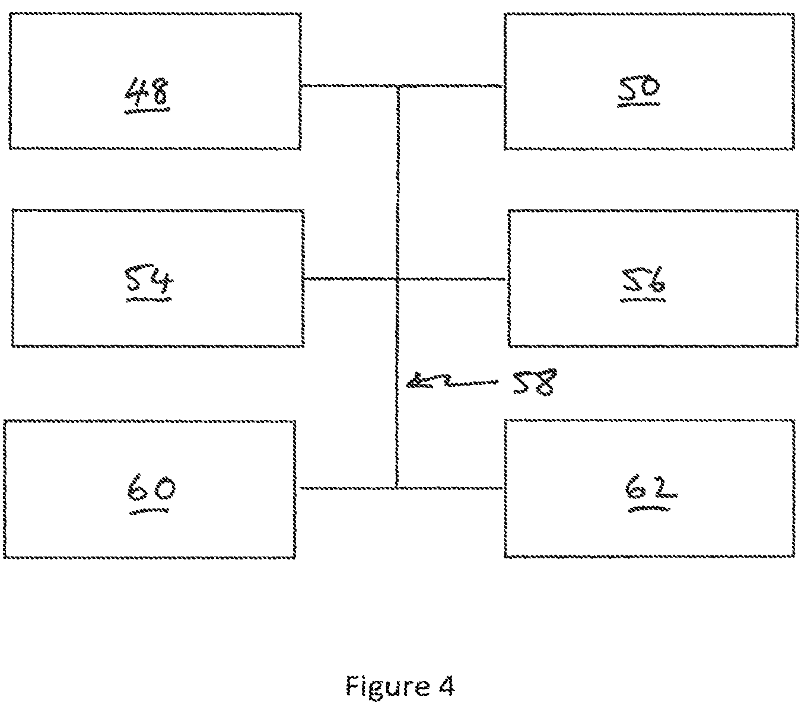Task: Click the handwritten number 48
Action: point(147,91)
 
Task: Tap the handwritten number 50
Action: point(640,88)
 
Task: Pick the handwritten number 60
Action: point(151,488)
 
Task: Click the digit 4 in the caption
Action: point(447,685)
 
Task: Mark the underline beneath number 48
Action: point(147,110)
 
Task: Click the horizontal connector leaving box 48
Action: point(349,85)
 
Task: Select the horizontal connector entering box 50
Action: point(451,85)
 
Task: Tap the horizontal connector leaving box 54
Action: point(350,279)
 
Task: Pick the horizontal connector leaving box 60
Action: point(348,488)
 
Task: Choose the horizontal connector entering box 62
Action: point(450,488)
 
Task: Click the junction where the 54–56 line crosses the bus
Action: point(397,279)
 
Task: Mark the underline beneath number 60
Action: point(150,511)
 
